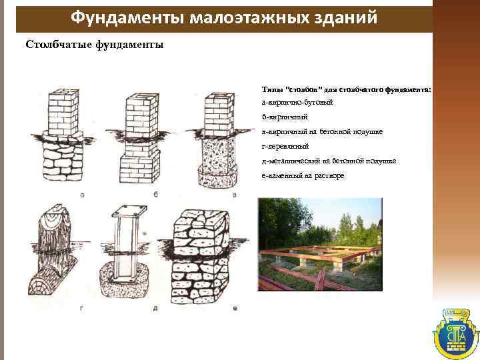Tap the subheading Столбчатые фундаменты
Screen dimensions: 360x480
tap(94, 45)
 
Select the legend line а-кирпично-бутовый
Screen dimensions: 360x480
tap(297, 103)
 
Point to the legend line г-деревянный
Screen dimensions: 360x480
tap(285, 146)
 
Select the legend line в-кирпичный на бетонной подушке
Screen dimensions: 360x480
tap(322, 131)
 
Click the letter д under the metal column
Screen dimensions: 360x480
tap(155, 307)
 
